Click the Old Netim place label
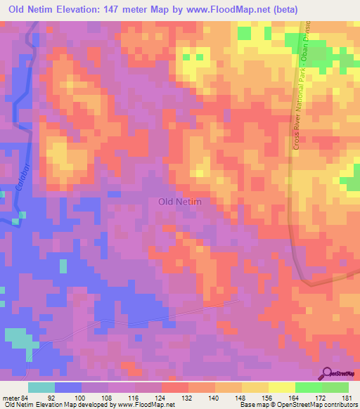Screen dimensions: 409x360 coord(180,202)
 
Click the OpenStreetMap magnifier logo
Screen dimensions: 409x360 coord(327,373)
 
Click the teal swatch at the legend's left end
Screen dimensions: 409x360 coord(41,387)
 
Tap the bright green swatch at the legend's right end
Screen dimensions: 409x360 coord(335,387)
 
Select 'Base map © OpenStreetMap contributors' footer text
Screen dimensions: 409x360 coord(297,405)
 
